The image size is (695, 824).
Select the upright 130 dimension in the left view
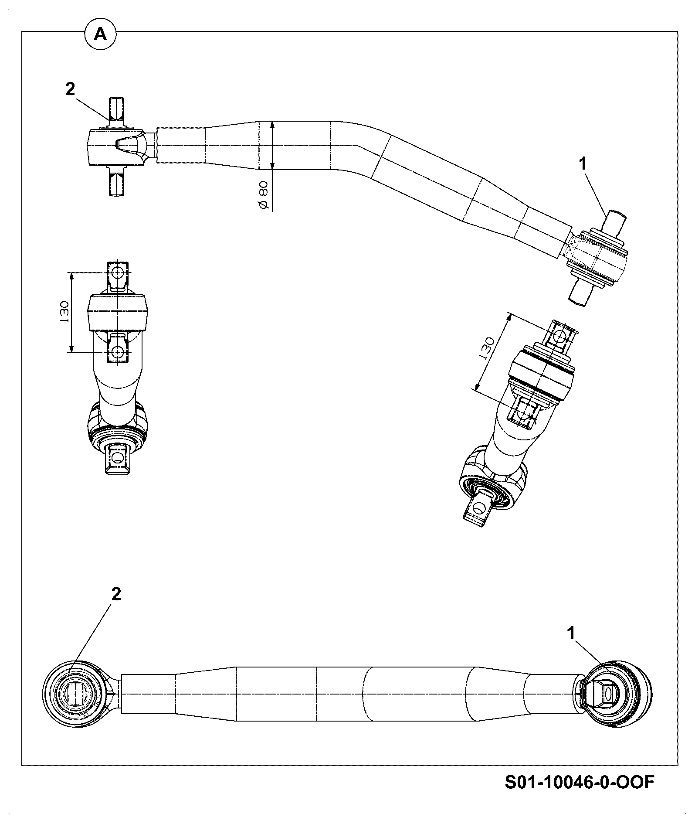[64, 311]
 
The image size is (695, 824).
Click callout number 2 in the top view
[70, 89]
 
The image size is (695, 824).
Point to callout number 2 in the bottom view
[116, 594]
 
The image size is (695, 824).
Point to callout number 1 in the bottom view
[571, 633]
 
